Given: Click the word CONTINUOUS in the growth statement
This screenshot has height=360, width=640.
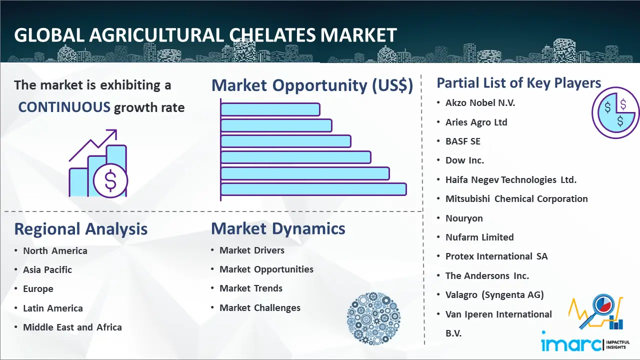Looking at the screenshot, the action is point(64,107).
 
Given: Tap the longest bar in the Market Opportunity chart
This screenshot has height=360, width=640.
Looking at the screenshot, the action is point(313,189).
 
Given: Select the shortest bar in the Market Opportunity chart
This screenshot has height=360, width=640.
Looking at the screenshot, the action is point(270,109).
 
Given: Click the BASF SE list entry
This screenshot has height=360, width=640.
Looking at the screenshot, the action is point(463,141).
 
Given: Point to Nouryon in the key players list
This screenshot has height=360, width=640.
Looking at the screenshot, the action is point(464,218).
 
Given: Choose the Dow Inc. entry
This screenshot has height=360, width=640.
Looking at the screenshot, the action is point(464,160).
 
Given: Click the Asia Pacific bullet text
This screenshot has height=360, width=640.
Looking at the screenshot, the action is point(47,269).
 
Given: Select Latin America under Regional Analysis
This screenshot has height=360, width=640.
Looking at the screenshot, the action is point(53,308).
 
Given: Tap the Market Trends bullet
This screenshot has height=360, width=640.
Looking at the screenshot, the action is point(251,288).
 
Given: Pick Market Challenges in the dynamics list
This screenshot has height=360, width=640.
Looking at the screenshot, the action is point(260,307).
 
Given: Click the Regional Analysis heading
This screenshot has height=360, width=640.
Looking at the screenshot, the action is point(81,229).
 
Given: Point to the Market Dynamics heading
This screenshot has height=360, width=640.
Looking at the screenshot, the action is point(278,228).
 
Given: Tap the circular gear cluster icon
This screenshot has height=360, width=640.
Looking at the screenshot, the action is point(373,318).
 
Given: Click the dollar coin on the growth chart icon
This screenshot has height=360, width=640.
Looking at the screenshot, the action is point(110,181).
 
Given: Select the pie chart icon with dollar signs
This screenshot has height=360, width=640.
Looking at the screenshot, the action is point(615,113).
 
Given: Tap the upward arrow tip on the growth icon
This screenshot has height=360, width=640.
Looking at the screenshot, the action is point(116,130).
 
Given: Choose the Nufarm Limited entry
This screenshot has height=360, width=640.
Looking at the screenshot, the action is point(479,237).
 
